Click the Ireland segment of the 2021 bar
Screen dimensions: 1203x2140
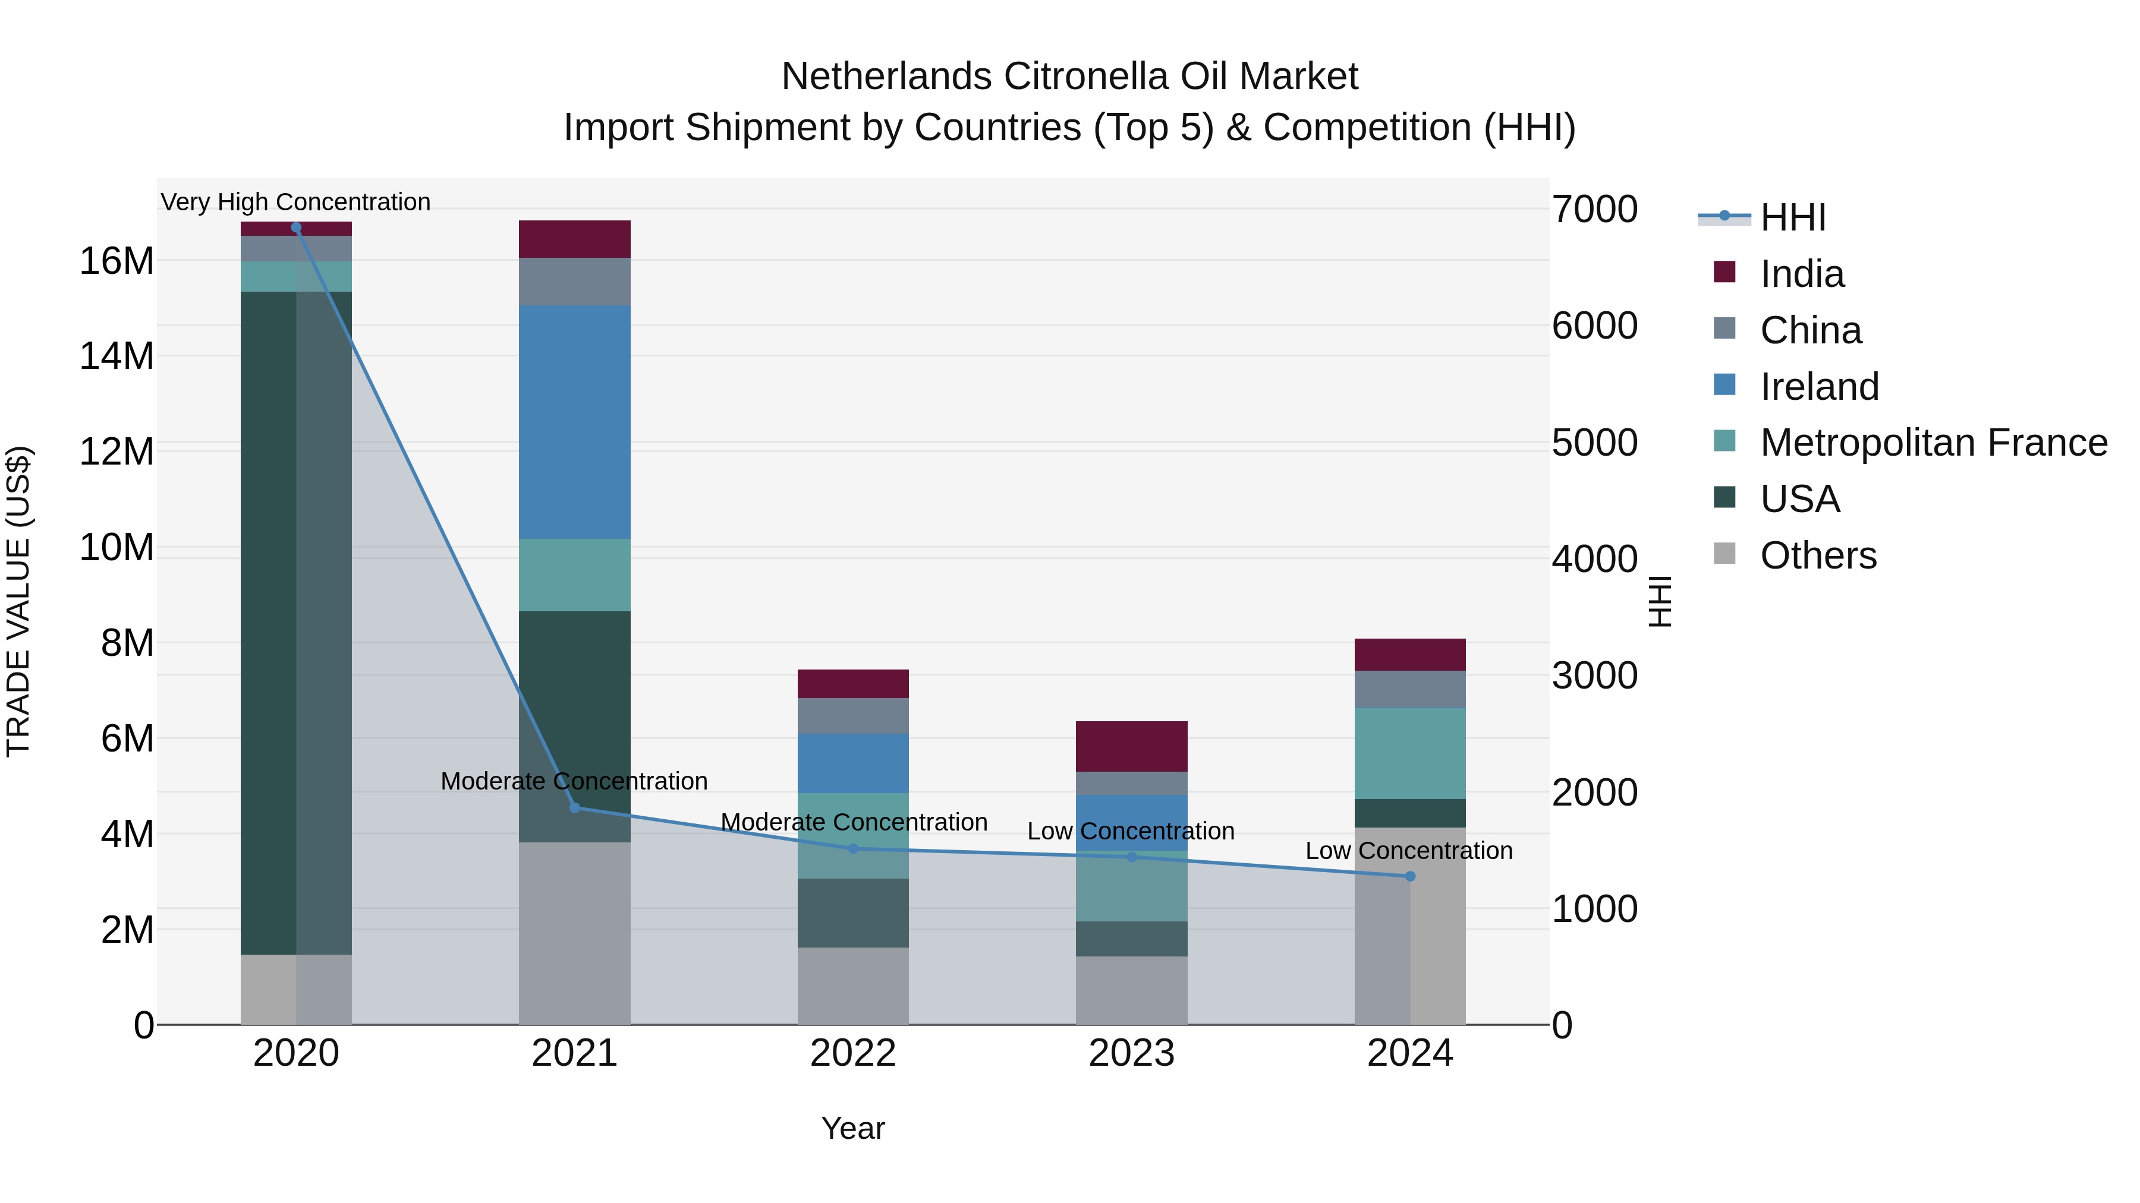click(574, 422)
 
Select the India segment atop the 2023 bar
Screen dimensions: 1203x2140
click(1131, 746)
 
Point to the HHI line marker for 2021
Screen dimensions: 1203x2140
click(574, 807)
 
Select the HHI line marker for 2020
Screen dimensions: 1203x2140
click(296, 228)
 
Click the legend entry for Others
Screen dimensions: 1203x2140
click(1818, 555)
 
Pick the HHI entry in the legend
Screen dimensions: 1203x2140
click(1793, 217)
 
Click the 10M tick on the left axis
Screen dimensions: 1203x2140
click(117, 548)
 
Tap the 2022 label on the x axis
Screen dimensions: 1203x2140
click(852, 1053)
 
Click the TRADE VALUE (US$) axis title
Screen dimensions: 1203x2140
click(18, 601)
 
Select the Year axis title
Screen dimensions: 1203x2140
click(852, 1128)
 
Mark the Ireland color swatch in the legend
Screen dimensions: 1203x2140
click(1724, 385)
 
